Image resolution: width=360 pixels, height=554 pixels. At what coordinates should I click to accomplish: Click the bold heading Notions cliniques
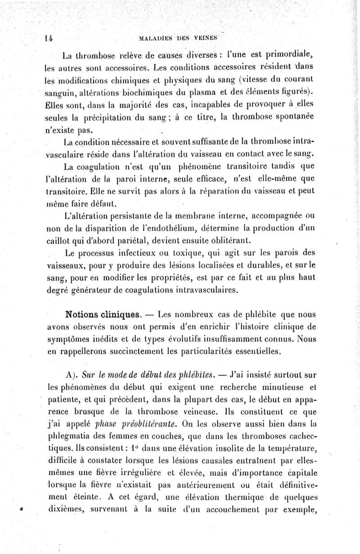(101, 313)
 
